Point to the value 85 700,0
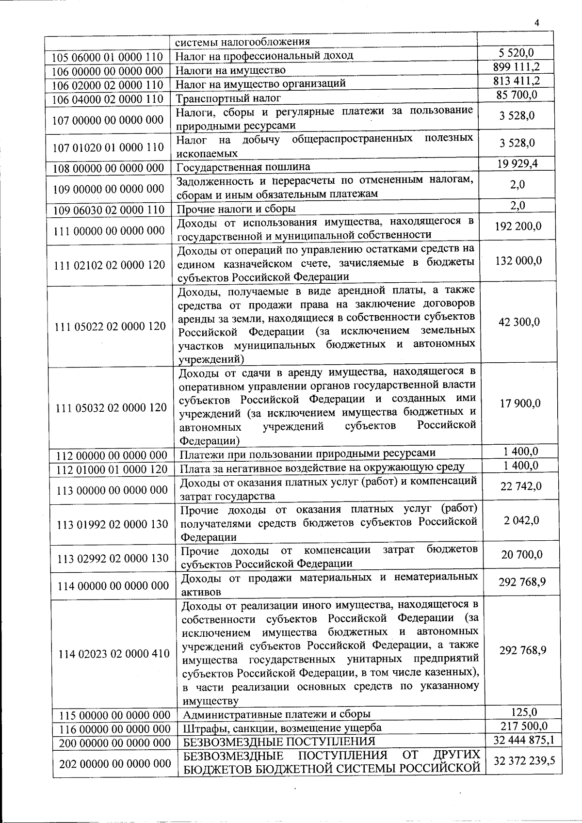point(517,95)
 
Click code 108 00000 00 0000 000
point(108,168)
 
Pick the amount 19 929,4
point(517,163)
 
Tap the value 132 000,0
point(518,261)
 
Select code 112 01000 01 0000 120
point(112,469)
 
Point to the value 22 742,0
point(521,486)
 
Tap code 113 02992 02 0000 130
point(113,559)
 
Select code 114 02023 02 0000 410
point(114,654)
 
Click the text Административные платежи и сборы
point(276,714)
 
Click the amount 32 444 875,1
point(524,740)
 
